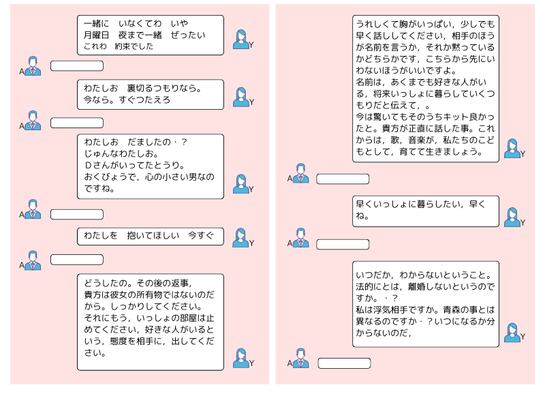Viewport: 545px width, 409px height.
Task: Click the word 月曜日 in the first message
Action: click(96, 35)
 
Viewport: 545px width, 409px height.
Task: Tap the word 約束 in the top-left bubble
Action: click(123, 46)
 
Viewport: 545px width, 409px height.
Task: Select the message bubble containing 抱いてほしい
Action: click(150, 237)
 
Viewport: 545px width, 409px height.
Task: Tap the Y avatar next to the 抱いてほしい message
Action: click(240, 237)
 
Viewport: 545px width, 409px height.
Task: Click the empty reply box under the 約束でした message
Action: click(77, 65)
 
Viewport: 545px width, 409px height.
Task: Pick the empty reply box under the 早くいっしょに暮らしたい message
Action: click(343, 245)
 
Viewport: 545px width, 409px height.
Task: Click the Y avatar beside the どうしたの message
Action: click(240, 358)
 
